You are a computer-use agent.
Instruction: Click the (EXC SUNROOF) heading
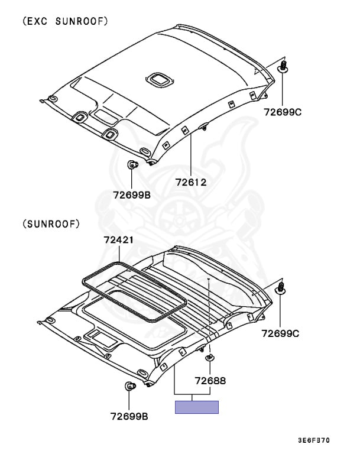(65, 21)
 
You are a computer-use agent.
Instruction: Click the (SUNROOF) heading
(51, 224)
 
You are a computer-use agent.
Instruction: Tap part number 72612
(191, 182)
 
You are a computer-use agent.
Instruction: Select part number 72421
(119, 240)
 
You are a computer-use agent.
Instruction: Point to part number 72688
(210, 381)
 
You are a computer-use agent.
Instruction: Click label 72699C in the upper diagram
(283, 112)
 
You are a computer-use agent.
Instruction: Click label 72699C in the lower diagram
(280, 333)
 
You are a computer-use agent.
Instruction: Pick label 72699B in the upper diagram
(132, 195)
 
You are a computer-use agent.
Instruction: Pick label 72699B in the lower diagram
(129, 416)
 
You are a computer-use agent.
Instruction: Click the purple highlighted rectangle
(197, 407)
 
